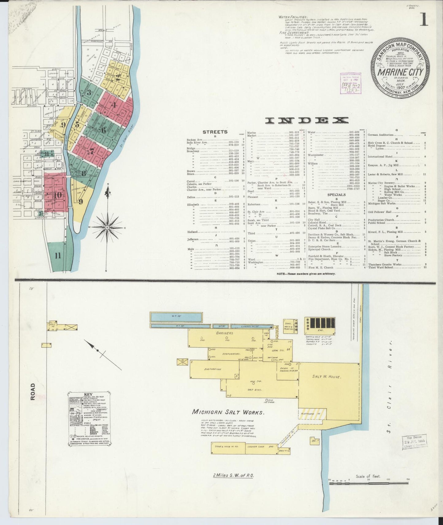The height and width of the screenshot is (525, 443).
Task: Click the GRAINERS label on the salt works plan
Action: tap(224, 333)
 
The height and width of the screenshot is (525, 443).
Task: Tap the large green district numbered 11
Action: tap(58, 256)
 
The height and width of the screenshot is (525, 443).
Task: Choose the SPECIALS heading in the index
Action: tap(336, 194)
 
